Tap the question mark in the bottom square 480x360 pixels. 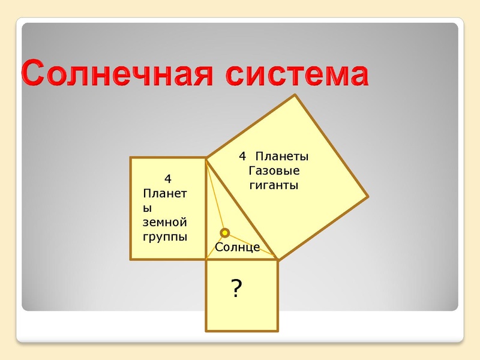point(236,290)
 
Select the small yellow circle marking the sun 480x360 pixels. point(225,233)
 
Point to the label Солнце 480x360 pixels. point(237,247)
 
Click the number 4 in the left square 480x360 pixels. point(168,179)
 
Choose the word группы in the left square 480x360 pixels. point(165,236)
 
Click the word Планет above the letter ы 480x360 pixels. point(165,193)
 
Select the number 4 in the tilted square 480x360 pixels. point(242,157)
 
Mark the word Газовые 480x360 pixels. point(274,171)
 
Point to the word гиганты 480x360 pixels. point(274,185)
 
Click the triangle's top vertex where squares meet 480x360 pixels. point(206,158)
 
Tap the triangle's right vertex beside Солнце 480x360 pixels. point(277,259)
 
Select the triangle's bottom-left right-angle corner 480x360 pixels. point(206,259)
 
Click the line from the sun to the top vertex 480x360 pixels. point(215,195)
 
